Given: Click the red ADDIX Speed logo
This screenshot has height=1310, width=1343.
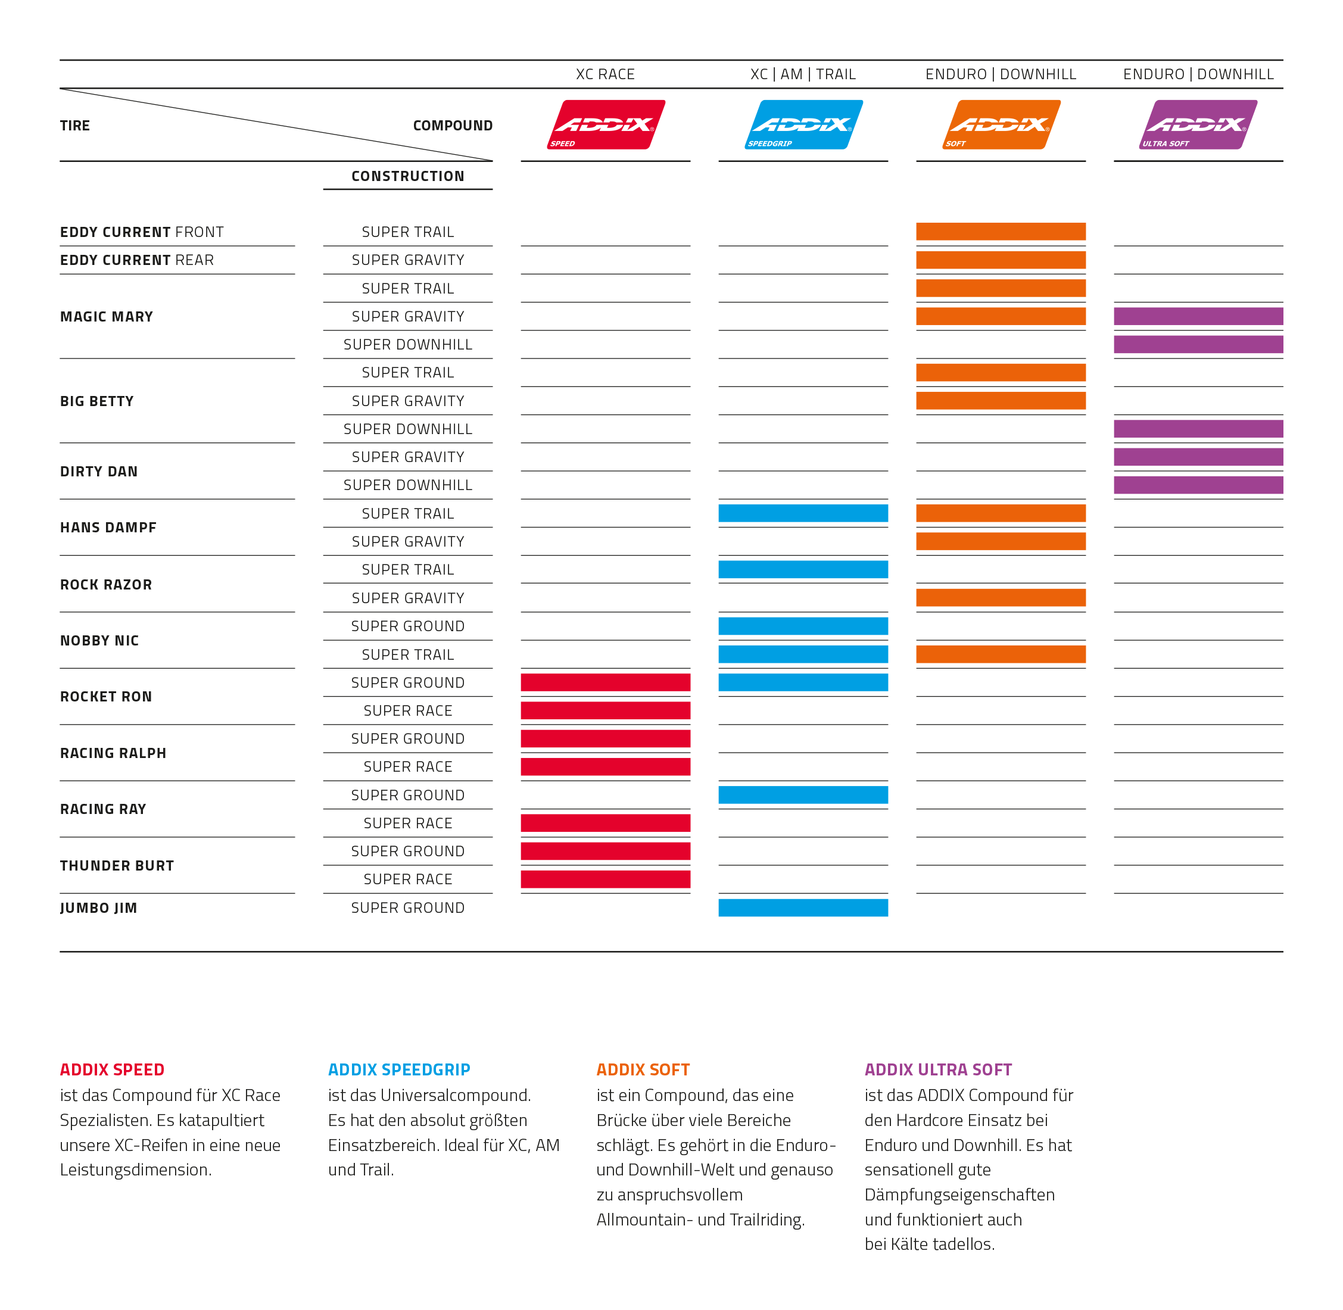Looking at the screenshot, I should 606,124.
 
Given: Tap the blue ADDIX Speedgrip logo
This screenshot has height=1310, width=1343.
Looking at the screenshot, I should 803,124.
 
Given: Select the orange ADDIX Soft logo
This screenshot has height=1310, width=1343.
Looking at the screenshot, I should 1001,124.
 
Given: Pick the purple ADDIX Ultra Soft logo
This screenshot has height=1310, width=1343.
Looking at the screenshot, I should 1198,124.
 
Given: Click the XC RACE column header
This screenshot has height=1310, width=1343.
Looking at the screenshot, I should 606,74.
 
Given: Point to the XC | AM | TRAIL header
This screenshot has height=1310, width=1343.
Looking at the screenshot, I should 803,74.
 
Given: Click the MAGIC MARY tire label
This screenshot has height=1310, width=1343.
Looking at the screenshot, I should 107,317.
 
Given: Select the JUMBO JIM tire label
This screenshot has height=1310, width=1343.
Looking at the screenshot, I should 98,907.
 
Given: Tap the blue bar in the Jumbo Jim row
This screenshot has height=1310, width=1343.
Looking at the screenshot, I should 803,907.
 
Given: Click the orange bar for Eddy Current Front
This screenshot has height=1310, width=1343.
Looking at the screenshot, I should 1001,231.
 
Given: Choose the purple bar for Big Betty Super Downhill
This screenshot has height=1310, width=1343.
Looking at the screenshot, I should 1198,429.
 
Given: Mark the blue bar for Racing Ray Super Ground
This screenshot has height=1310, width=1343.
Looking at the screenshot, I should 803,795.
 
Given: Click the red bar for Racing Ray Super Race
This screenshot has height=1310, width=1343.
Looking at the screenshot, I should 606,823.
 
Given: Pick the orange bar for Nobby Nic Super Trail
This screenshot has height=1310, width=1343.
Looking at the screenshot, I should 1001,654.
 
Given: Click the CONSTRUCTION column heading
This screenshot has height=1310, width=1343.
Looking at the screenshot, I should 408,176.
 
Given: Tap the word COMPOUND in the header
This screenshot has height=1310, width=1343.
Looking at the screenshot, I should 453,125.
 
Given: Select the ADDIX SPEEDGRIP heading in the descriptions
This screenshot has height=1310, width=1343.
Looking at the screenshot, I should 399,1070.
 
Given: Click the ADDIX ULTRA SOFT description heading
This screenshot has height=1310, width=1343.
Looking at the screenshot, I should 938,1070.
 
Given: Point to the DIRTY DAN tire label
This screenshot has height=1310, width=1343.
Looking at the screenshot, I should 99,471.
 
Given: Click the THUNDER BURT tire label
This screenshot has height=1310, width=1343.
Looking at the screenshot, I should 117,866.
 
